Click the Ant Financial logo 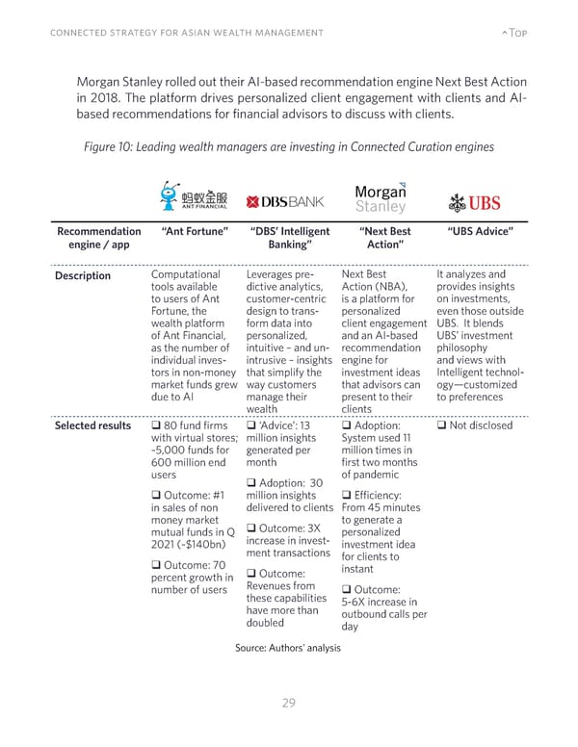pos(194,195)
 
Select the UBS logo pos(475,201)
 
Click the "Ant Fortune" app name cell pos(194,231)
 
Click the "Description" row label pos(82,276)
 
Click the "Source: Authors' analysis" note pos(288,647)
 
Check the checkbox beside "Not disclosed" pos(442,425)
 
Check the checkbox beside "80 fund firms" pos(156,425)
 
